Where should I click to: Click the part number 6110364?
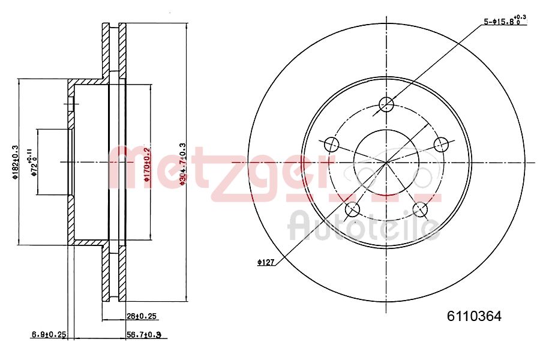(474, 316)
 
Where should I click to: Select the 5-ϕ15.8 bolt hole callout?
(505, 21)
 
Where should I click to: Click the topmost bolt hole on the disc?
(386, 104)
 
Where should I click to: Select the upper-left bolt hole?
(332, 144)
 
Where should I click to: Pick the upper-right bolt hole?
(441, 144)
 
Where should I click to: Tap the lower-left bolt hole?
(352, 209)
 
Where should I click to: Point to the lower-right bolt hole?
(421, 209)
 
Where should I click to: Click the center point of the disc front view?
(386, 162)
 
